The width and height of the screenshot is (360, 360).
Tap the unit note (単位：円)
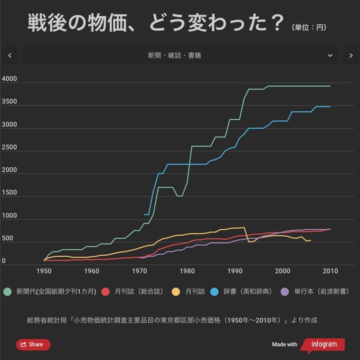coord(309,27)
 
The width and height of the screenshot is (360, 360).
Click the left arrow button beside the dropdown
coord(10,55)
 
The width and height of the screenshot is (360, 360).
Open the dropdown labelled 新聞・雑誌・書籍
coord(180,55)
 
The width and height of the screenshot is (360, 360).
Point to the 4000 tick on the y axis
coord(9,79)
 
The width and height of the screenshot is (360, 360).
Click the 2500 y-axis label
coord(9,148)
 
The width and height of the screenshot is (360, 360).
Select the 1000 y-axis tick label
coord(9,216)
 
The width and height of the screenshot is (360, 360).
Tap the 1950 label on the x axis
coord(44,271)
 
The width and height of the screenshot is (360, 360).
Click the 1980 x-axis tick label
coord(187,271)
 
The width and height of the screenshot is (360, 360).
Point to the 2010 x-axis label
coord(330,271)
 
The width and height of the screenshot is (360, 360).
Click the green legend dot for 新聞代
coord(7,292)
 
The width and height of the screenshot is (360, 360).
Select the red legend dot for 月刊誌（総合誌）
coord(105,292)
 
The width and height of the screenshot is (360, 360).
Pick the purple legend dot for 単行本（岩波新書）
coord(285,292)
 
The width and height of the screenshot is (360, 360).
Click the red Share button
coord(33,345)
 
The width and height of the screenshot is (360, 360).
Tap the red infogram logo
coord(322,345)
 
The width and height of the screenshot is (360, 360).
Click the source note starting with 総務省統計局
coord(172,320)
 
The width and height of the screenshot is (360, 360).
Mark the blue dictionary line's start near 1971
coord(144,215)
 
